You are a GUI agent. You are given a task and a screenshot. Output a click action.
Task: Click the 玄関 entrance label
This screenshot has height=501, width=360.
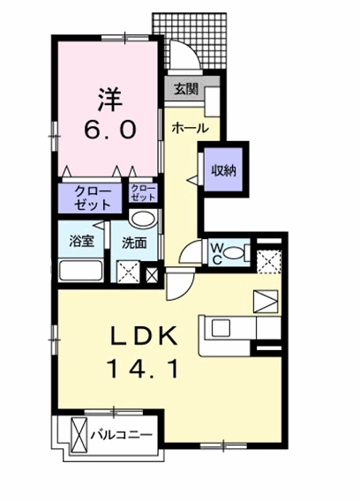(184, 89)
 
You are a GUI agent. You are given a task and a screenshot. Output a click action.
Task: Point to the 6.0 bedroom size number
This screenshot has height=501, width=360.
(109, 129)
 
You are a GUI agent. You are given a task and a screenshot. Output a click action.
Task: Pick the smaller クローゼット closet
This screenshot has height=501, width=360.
(142, 194)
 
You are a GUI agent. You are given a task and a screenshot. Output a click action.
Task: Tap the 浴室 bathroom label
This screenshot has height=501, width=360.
(82, 241)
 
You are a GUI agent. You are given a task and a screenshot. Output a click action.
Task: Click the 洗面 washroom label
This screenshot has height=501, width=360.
(134, 241)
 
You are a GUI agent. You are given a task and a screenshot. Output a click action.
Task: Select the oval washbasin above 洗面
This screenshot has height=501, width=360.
(142, 220)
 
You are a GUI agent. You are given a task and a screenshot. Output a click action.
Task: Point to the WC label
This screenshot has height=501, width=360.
(215, 253)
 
